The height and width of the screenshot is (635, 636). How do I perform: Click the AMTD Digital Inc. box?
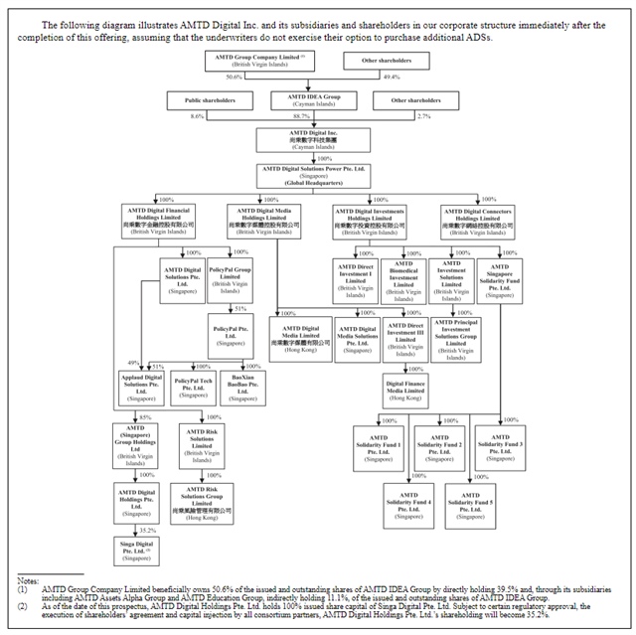(x=318, y=141)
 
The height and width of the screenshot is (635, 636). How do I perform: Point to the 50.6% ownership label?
(x=235, y=77)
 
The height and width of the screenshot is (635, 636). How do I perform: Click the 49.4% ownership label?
(x=392, y=77)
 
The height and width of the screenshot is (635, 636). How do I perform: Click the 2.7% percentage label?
(x=424, y=116)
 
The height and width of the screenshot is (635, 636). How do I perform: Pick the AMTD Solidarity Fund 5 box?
(x=469, y=498)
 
